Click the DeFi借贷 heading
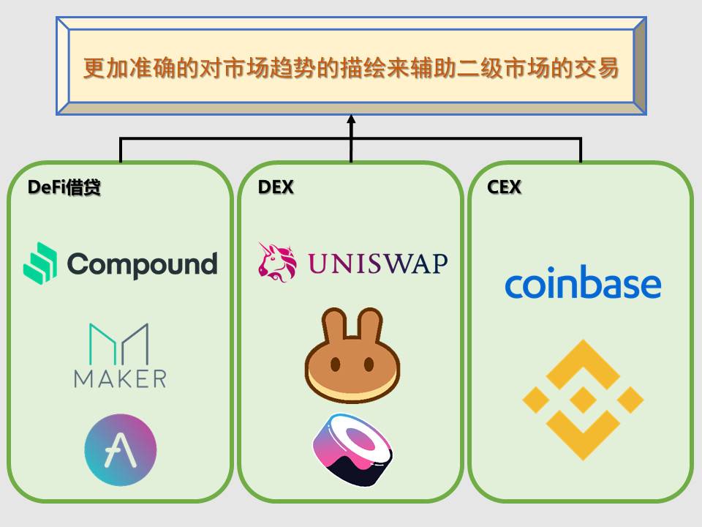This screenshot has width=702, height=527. coord(64,187)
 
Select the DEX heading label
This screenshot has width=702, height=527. coord(276,187)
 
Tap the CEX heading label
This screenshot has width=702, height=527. coord(504,187)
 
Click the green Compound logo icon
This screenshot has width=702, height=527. coord(40,263)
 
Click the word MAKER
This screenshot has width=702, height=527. coord(120,378)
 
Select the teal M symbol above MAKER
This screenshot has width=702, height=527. coord(119,344)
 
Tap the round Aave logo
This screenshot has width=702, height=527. coord(121,449)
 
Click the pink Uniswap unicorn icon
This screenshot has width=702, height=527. coord(278,262)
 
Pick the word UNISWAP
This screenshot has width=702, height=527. coord(377,263)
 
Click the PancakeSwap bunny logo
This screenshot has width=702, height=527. coord(352,356)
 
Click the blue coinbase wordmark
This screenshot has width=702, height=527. coord(583,284)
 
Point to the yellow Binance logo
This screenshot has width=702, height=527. coord(583,400)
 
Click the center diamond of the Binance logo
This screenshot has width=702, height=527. coord(583,400)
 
